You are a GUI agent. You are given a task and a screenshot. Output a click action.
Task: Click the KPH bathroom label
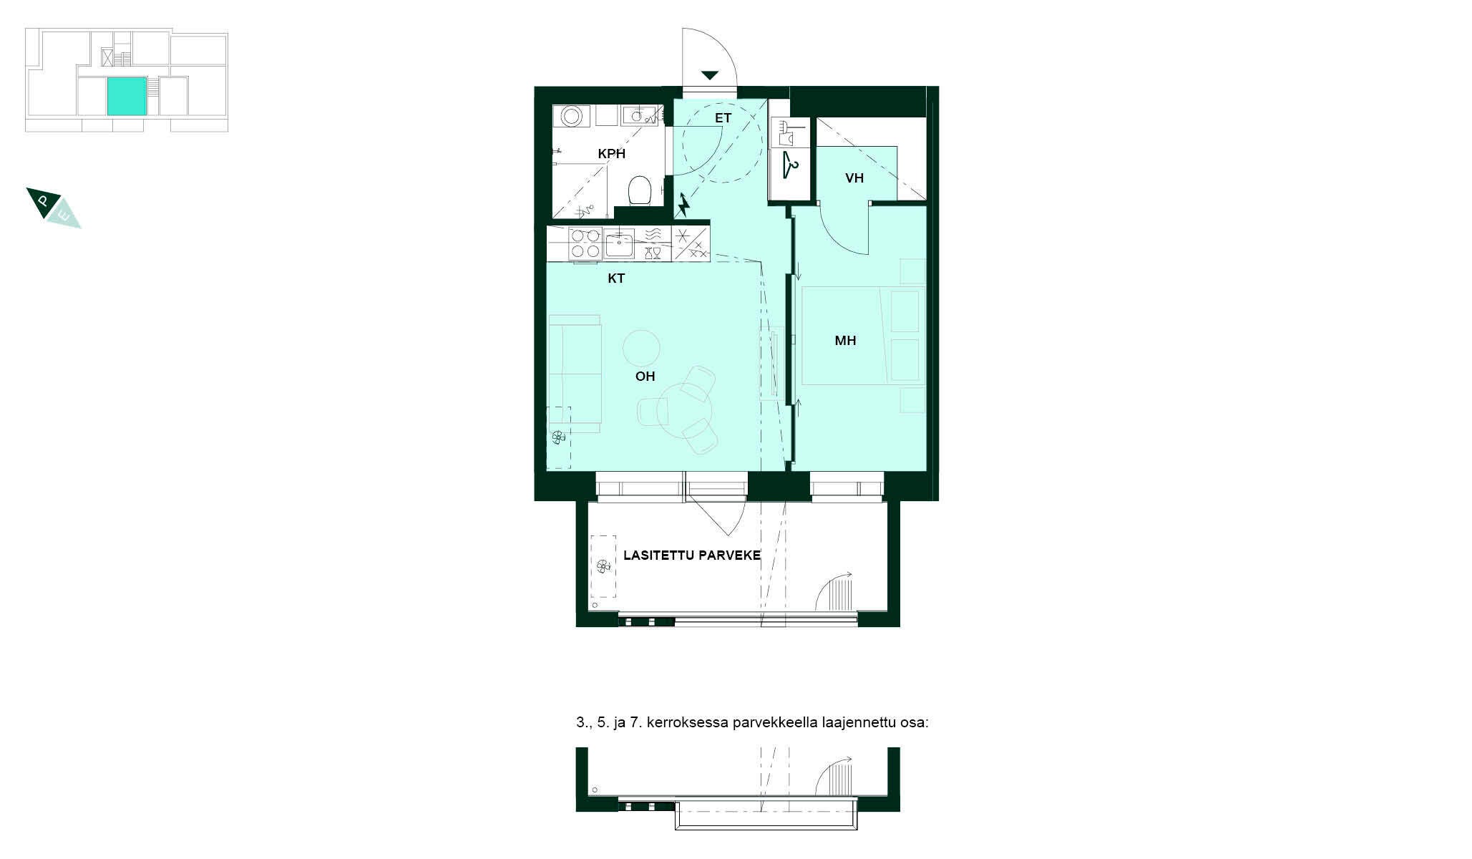[x=611, y=154]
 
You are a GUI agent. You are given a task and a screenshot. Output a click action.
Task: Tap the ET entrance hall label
[x=723, y=118]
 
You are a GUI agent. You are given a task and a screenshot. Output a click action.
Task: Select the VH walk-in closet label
[x=854, y=178]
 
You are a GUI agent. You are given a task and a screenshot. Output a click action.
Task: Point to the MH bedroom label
[x=845, y=341]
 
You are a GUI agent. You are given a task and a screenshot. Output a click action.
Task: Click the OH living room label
[x=645, y=377]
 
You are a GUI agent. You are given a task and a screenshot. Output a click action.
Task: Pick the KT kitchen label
[x=615, y=278]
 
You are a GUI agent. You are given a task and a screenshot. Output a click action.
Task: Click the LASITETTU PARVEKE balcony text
[x=691, y=555]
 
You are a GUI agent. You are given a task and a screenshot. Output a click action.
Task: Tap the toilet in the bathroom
[x=638, y=190]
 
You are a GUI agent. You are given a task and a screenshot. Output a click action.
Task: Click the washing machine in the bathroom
[x=572, y=116]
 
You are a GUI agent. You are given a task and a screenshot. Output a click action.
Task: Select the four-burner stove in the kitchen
[x=584, y=243]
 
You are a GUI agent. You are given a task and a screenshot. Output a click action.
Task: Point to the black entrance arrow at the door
[x=709, y=75]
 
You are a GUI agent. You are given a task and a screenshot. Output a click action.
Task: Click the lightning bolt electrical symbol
[x=684, y=205]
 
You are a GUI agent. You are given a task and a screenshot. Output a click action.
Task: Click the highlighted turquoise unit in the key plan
[x=127, y=96]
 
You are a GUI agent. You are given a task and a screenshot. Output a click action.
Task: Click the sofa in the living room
[x=575, y=374]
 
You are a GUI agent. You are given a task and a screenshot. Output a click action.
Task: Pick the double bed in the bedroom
[x=862, y=336]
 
